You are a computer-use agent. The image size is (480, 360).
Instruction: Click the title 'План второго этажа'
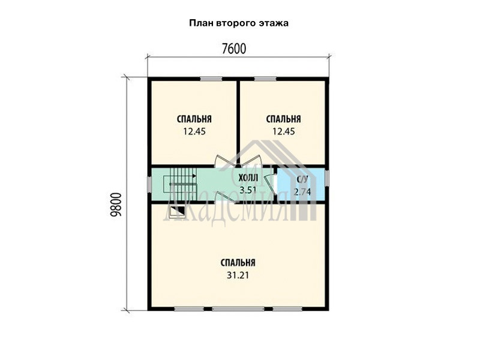click(x=239, y=23)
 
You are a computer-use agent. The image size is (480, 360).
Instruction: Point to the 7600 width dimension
click(x=234, y=49)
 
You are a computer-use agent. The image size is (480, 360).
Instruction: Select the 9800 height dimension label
click(x=116, y=205)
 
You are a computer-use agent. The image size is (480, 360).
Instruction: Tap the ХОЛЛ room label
click(x=248, y=178)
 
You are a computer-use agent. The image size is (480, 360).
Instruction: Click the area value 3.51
click(x=248, y=190)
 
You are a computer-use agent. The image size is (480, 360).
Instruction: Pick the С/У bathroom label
click(x=302, y=179)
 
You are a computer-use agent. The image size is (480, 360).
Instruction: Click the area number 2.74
click(x=302, y=192)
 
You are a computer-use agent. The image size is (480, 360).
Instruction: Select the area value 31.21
click(x=238, y=275)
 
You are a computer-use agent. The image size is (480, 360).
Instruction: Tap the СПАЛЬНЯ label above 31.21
click(x=238, y=263)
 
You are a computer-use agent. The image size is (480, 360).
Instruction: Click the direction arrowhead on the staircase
click(x=194, y=176)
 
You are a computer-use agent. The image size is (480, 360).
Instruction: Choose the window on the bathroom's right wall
click(x=327, y=178)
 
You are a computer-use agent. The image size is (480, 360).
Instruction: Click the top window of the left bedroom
click(x=211, y=79)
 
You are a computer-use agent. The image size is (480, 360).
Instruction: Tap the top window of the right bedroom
click(x=265, y=79)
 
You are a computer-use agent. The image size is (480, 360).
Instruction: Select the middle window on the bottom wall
click(x=238, y=309)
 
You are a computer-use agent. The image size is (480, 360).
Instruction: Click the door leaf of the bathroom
click(x=270, y=184)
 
